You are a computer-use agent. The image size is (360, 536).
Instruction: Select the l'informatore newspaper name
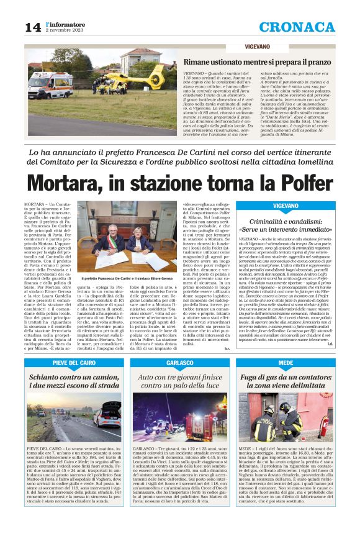[x=65, y=24]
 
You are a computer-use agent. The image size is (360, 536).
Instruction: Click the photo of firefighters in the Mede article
[x=286, y=414]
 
